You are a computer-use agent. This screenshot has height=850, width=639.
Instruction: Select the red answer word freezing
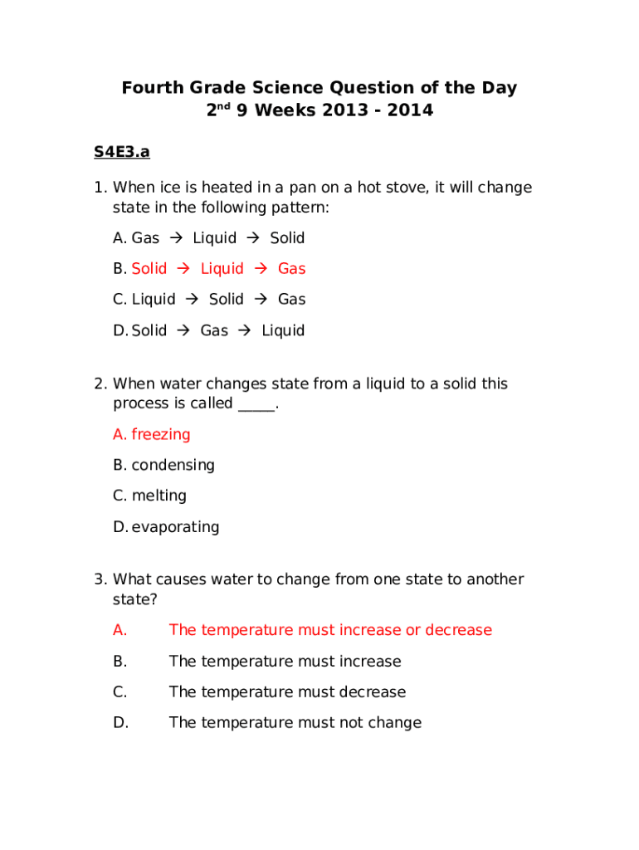point(161,434)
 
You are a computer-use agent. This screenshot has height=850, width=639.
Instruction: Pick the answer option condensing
point(173,465)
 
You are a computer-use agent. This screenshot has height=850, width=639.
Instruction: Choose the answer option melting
point(159,496)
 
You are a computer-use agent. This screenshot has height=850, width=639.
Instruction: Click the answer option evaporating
point(175,527)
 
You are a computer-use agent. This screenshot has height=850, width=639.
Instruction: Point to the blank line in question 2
point(256,405)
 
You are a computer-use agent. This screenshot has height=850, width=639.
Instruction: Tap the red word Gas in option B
point(291,269)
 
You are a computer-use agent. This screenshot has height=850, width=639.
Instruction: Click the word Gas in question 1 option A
point(145,238)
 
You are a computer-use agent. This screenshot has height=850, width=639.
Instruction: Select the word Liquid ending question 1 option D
point(283,330)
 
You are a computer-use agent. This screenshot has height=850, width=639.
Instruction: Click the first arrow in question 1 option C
point(192,300)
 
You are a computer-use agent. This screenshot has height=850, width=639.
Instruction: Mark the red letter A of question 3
point(120,630)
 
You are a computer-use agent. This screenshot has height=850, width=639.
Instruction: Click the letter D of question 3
point(120,723)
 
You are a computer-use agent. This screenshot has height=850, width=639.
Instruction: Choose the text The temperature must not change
point(295,723)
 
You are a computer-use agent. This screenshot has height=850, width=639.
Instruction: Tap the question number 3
point(99,579)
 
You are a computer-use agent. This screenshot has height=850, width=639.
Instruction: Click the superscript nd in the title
point(225,105)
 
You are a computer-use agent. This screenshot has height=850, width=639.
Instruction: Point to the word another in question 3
point(495,579)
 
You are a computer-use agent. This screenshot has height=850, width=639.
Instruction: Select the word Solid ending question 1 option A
point(287,238)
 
